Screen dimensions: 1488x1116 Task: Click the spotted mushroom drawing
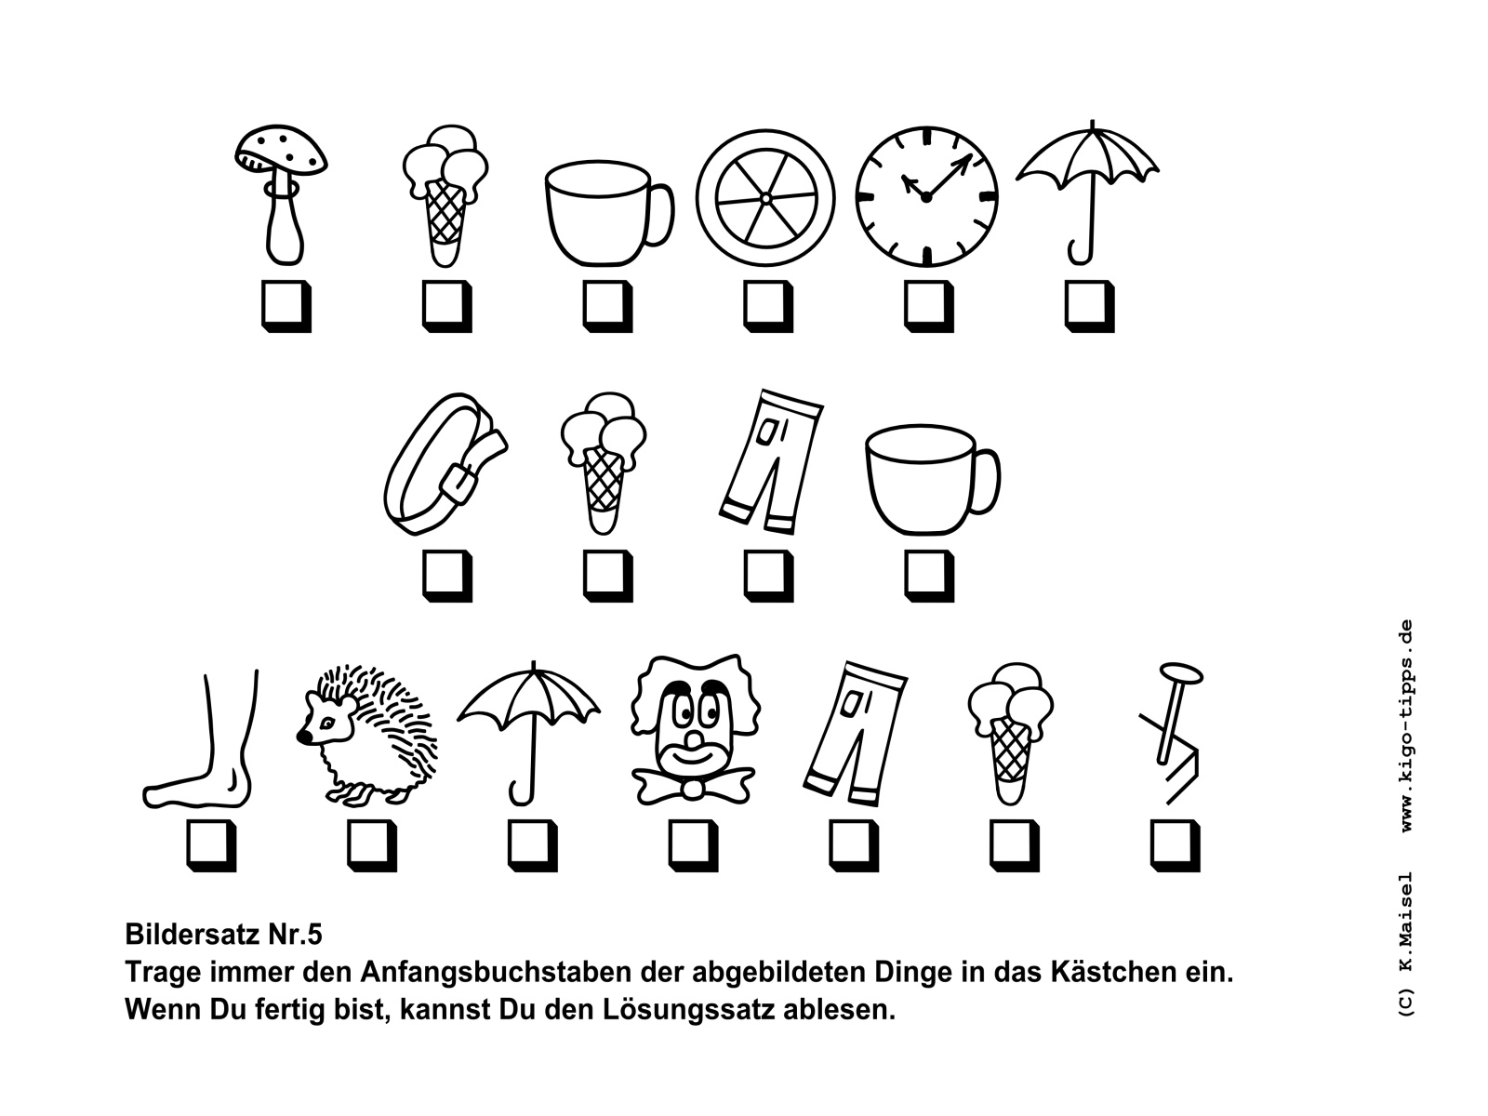[280, 194]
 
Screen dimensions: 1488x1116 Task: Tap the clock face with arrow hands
[926, 196]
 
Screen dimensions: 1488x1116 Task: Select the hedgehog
[367, 736]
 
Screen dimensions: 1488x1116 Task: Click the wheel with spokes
[765, 198]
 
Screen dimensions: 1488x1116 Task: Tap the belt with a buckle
[445, 464]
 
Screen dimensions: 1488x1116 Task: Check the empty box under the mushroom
[286, 307]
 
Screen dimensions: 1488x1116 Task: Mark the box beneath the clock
[929, 307]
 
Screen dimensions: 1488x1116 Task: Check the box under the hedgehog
[371, 845]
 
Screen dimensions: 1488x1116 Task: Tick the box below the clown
[693, 845]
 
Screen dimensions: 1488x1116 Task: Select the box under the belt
[446, 576]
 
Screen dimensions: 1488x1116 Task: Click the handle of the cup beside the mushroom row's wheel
[659, 213]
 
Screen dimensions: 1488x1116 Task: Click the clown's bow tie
[693, 785]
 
